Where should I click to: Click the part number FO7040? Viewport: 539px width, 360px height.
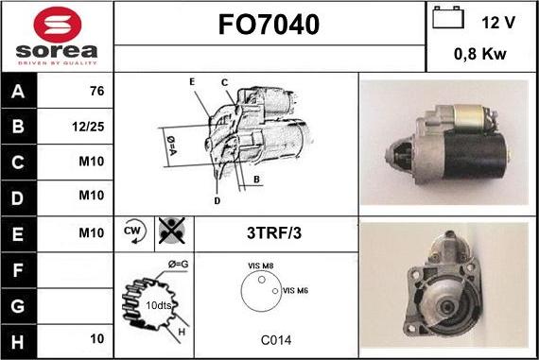coord(269,24)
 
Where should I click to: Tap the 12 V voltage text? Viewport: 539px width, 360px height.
coord(497,21)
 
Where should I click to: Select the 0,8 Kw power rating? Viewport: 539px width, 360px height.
coord(480,54)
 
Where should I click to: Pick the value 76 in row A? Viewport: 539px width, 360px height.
coord(96,93)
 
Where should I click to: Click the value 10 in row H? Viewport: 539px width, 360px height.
coord(96,337)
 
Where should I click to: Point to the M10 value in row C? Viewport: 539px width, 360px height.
coord(91,162)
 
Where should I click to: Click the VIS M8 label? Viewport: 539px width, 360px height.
coord(261,266)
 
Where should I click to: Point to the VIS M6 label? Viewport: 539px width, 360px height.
coord(297,291)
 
